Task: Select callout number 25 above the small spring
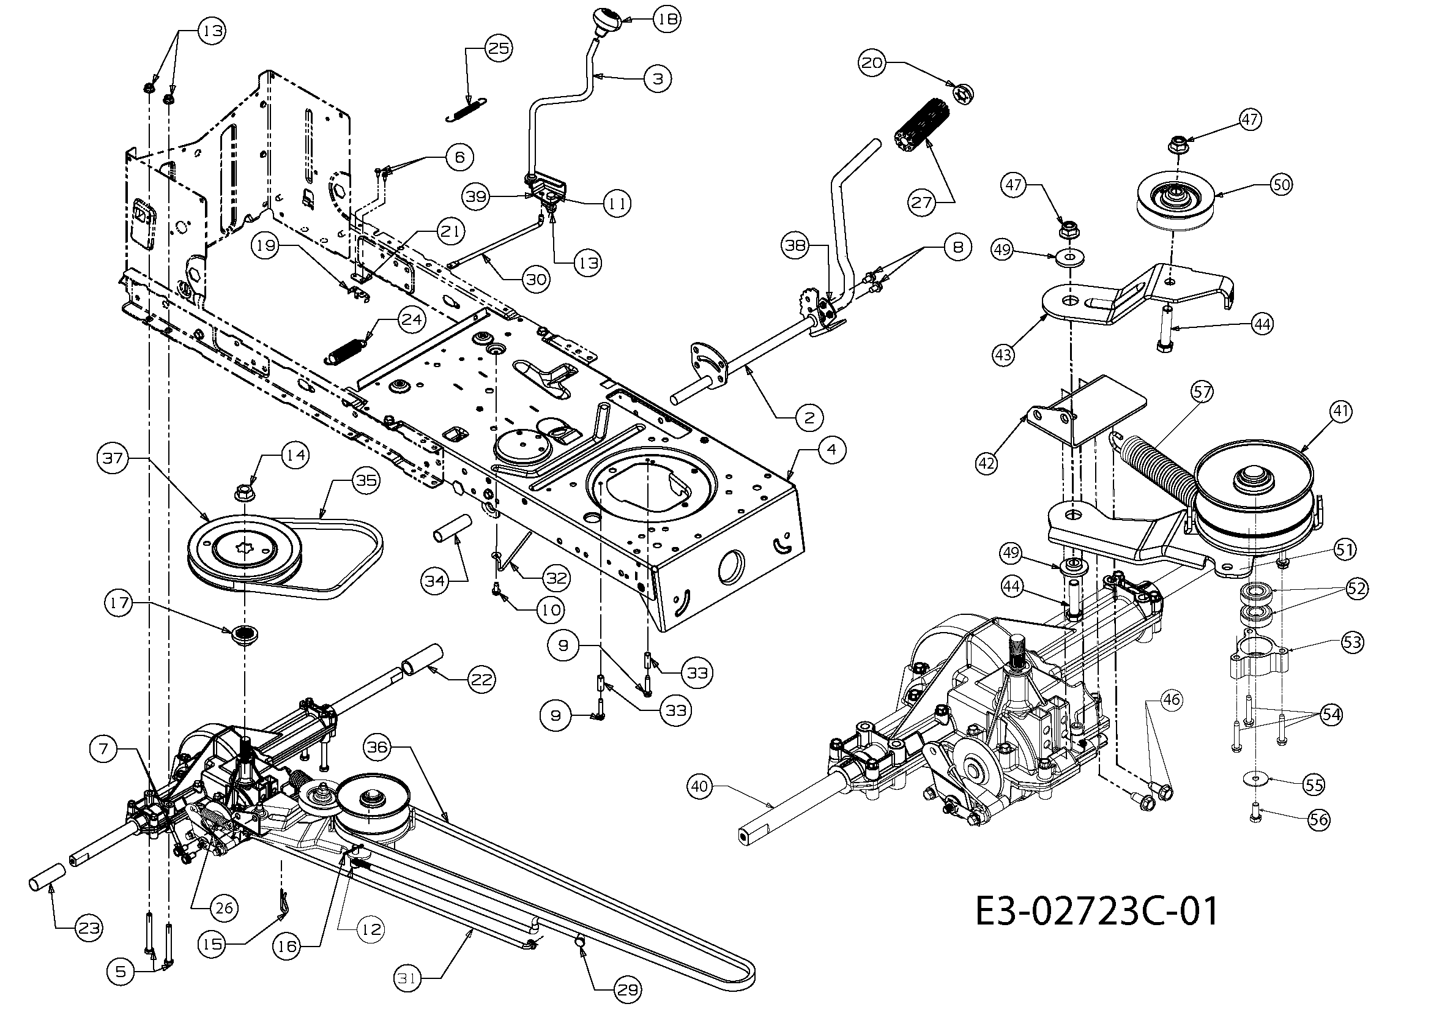click(x=498, y=48)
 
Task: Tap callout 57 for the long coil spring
click(x=1202, y=392)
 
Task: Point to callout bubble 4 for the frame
click(x=832, y=449)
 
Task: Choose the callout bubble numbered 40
click(x=700, y=787)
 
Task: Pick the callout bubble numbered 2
click(x=808, y=417)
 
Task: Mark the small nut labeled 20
click(x=963, y=92)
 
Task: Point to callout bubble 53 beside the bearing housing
click(x=1352, y=642)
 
